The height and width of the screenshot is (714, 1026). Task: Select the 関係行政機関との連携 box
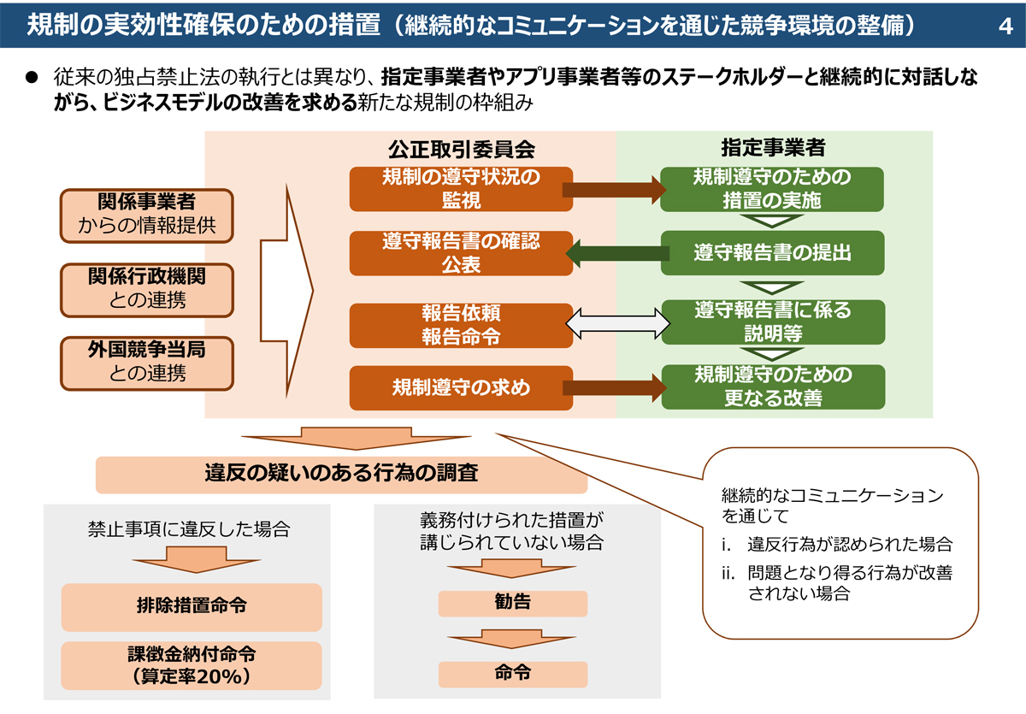[147, 289]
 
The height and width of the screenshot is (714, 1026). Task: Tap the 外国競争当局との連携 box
[147, 362]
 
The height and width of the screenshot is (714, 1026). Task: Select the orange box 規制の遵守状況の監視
[461, 189]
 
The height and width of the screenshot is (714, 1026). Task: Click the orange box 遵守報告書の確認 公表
[461, 253]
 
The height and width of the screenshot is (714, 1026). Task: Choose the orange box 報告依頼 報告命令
[461, 324]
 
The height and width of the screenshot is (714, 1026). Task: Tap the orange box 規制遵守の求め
[461, 387]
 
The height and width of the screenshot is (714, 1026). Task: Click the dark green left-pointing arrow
[617, 253]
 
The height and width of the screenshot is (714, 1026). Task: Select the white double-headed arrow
[617, 324]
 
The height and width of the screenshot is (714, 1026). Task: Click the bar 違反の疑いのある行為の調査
[341, 474]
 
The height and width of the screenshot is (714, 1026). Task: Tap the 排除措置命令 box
[192, 606]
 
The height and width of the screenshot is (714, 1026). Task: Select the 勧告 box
[512, 603]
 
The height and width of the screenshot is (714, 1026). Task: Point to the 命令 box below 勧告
[512, 673]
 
